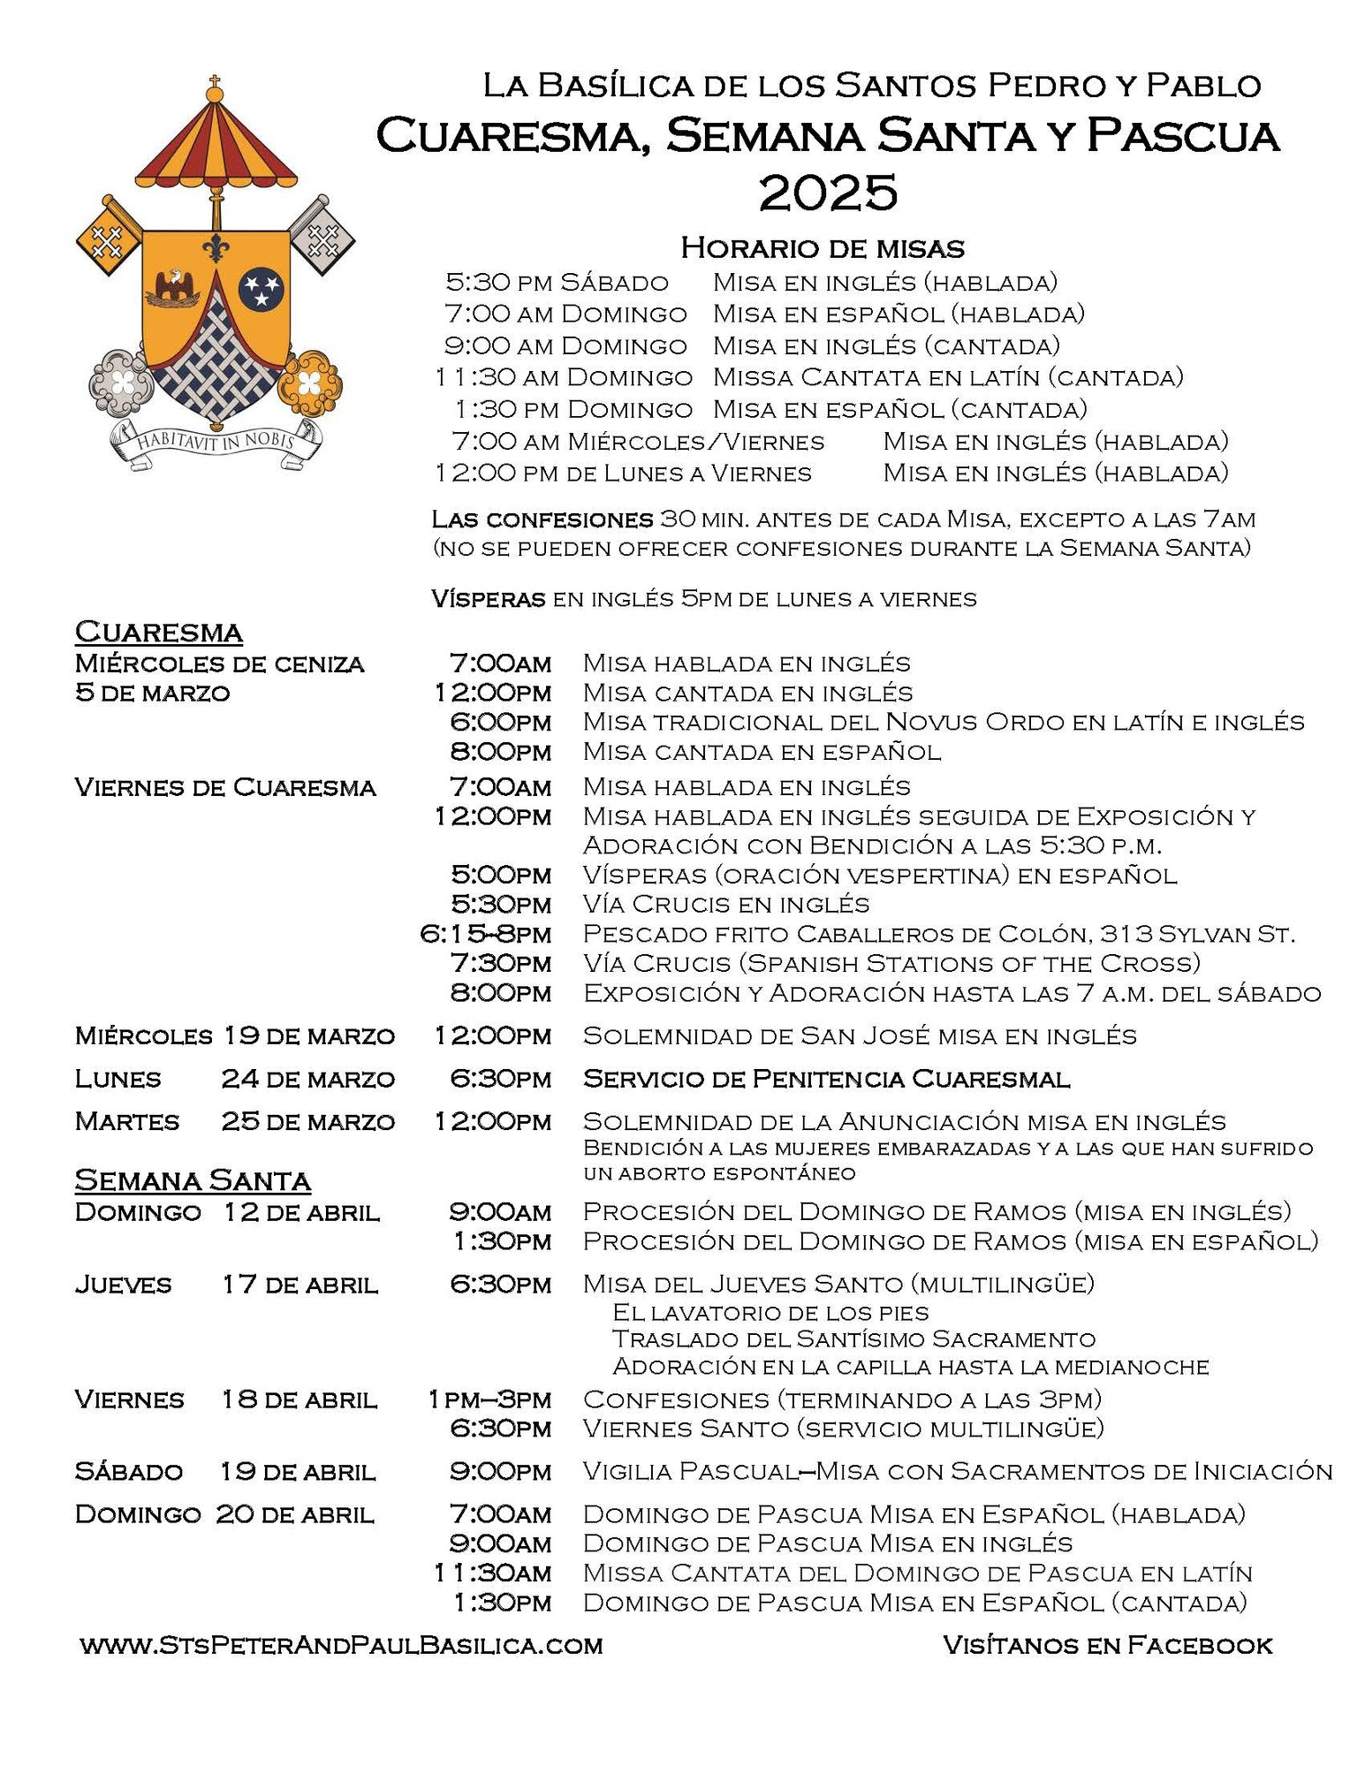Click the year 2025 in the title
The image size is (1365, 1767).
click(828, 192)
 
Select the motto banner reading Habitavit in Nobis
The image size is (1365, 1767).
click(215, 439)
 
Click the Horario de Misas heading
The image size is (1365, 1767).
click(822, 248)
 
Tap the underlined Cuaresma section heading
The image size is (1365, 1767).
click(159, 633)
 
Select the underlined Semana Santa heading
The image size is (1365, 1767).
click(193, 1181)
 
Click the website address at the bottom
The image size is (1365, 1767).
click(341, 1645)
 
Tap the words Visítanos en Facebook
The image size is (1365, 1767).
click(1107, 1645)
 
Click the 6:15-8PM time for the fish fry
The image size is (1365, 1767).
click(486, 934)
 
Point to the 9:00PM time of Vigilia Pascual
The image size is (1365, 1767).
click(500, 1471)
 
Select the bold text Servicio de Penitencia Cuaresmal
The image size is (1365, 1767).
click(826, 1079)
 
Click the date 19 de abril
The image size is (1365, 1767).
click(298, 1472)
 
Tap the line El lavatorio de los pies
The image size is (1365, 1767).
click(770, 1313)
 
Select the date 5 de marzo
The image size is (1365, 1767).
click(153, 693)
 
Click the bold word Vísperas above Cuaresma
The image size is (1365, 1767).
click(488, 599)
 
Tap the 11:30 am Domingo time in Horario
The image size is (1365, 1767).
click(564, 377)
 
